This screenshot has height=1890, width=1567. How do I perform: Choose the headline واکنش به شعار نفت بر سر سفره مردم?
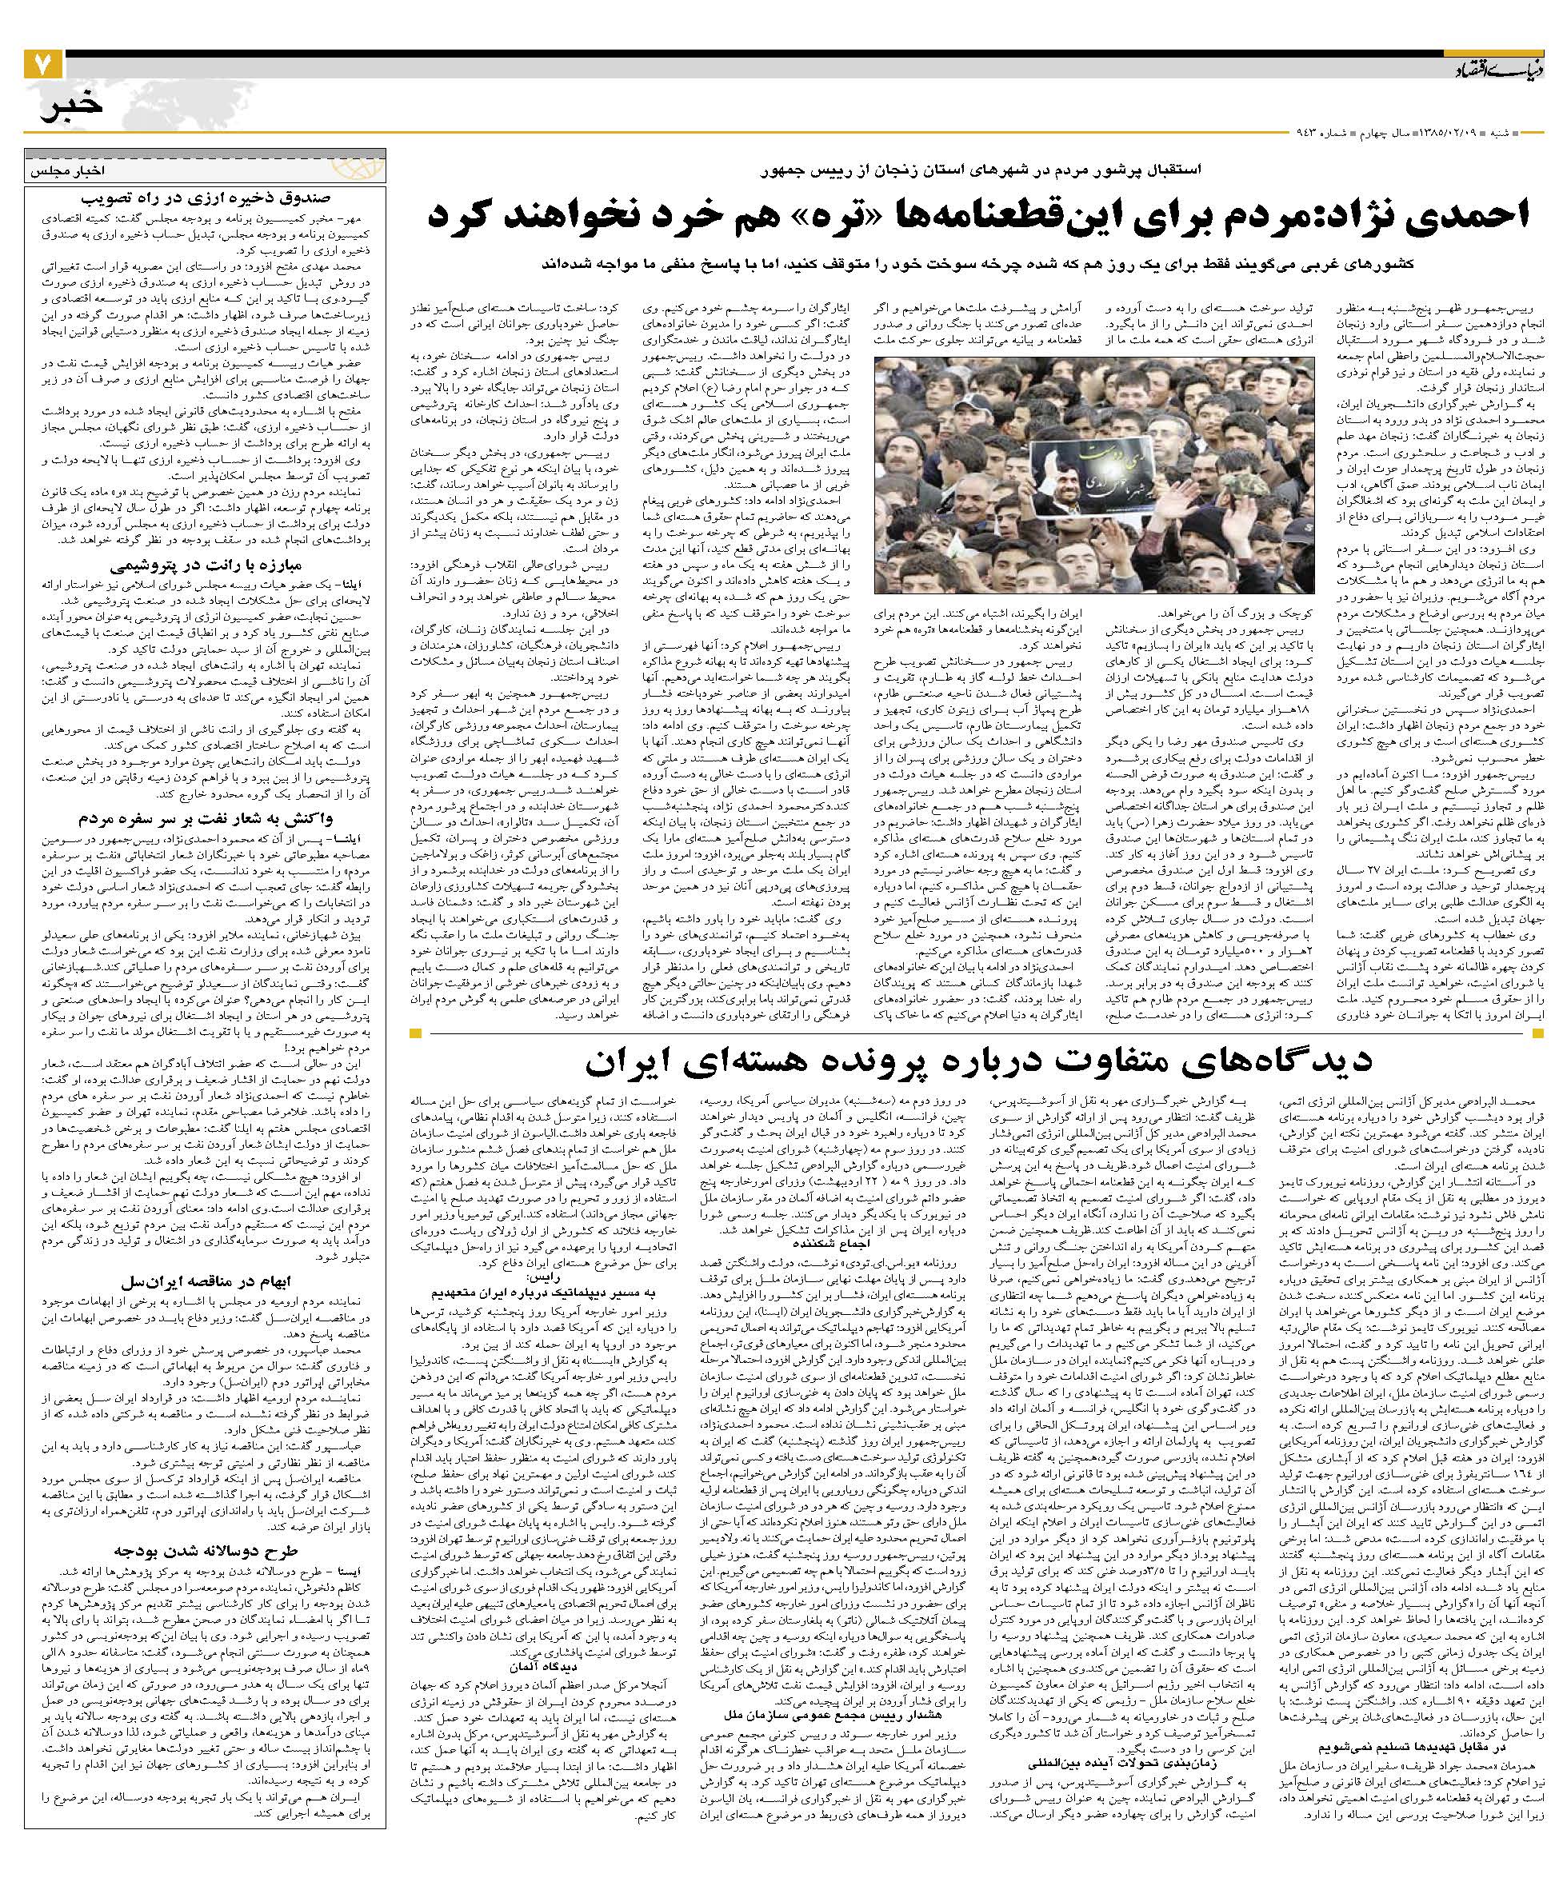click(206, 820)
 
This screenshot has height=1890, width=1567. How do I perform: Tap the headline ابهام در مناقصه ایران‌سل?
click(206, 1281)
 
